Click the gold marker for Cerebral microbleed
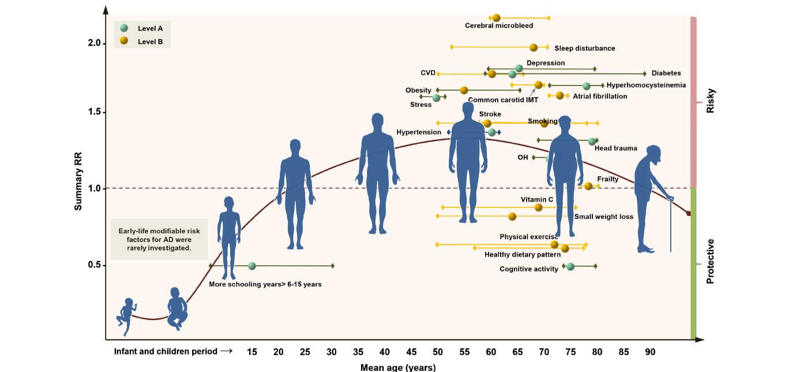(x=496, y=18)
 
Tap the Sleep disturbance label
(x=584, y=49)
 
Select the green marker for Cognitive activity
(x=570, y=266)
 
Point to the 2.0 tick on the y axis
(x=95, y=43)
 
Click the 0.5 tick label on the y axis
(x=95, y=265)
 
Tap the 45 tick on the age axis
(x=411, y=352)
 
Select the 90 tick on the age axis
(x=650, y=352)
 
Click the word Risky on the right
(x=710, y=101)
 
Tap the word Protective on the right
(x=710, y=261)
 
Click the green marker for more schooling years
(x=251, y=266)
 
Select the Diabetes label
(x=666, y=73)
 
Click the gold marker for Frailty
(x=588, y=186)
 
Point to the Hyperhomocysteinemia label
(x=646, y=85)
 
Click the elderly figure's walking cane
(x=670, y=225)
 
